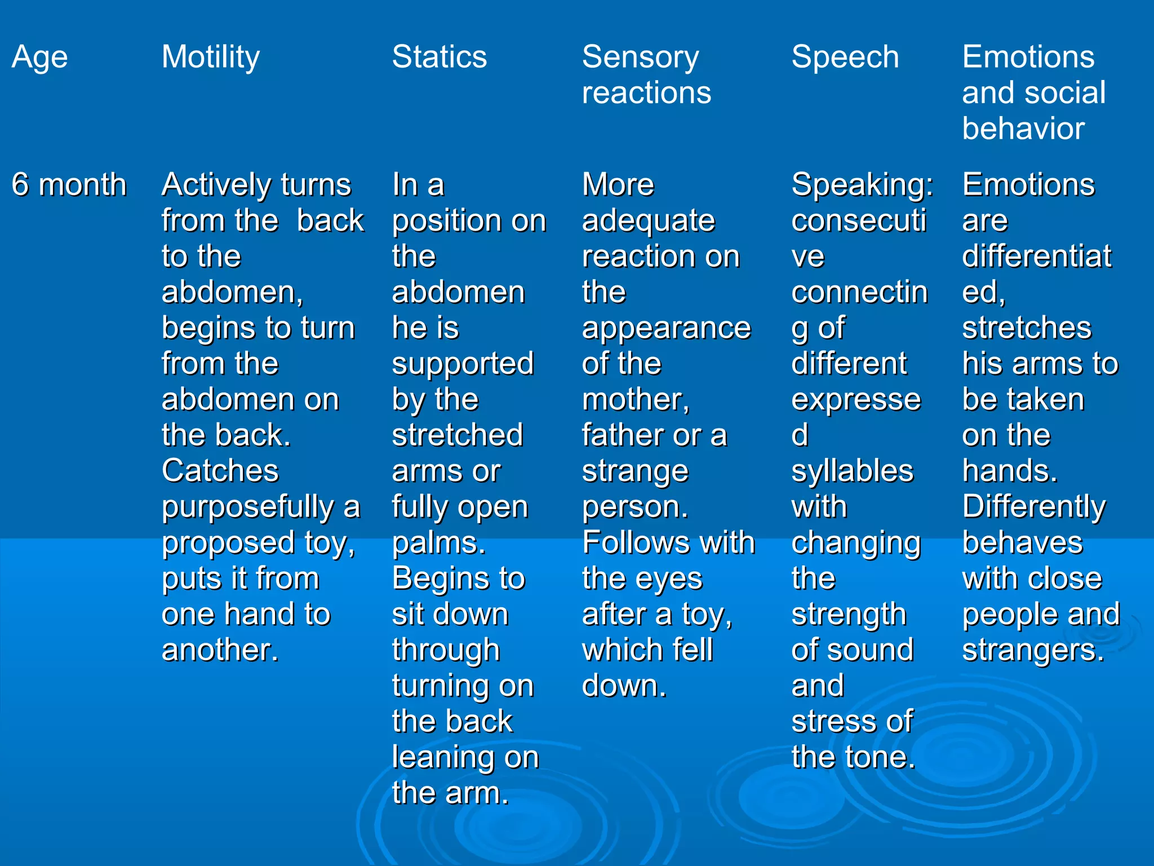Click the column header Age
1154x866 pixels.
point(39,57)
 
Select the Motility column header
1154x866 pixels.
point(211,57)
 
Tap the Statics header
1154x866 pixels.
point(439,57)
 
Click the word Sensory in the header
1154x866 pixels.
point(640,57)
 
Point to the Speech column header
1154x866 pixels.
point(845,57)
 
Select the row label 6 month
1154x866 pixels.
point(69,184)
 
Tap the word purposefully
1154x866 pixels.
point(248,506)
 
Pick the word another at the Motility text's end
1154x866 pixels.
point(219,649)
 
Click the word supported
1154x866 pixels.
point(463,364)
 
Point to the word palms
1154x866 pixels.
point(438,542)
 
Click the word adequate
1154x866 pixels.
point(648,220)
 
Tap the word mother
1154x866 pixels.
point(635,399)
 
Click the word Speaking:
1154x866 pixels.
point(862,184)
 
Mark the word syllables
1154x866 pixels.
point(852,471)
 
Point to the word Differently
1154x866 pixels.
point(1034,506)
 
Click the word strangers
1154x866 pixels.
point(1033,649)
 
